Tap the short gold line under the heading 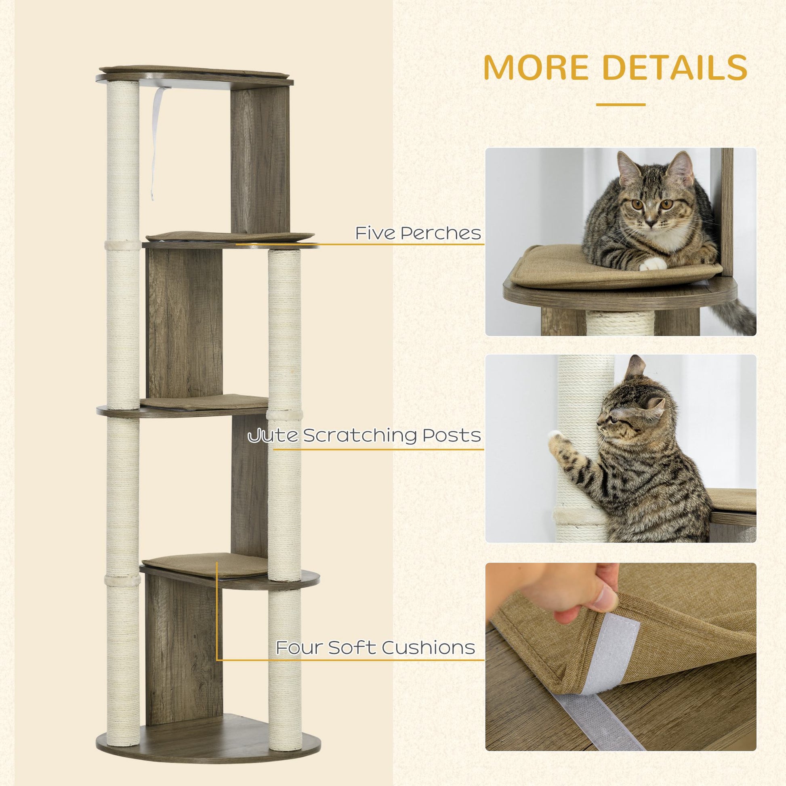pyautogui.click(x=620, y=105)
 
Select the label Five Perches pyautogui.click(x=418, y=233)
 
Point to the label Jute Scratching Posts pyautogui.click(x=364, y=436)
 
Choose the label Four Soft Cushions pyautogui.click(x=375, y=647)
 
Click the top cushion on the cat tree pyautogui.click(x=195, y=71)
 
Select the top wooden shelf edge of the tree pyautogui.click(x=195, y=82)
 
